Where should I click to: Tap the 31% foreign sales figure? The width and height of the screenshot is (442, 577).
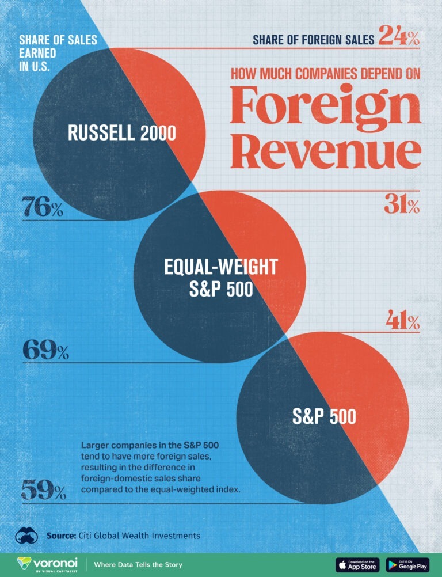click(401, 206)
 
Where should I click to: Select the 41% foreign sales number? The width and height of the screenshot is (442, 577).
click(402, 322)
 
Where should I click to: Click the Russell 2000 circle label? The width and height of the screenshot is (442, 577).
click(122, 133)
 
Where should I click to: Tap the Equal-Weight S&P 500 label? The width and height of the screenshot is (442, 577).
click(221, 278)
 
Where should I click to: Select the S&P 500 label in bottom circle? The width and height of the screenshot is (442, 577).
click(324, 416)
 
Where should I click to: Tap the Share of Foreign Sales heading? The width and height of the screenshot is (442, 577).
click(314, 39)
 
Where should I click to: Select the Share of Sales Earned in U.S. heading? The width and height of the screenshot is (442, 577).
click(58, 52)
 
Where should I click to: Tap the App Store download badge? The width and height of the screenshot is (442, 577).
click(357, 564)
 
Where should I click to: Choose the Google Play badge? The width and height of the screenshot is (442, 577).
click(407, 564)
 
